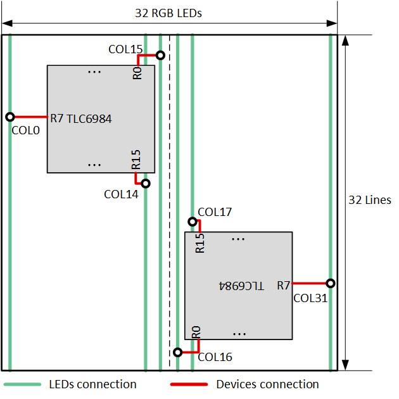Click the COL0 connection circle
(10, 117)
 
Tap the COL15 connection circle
(160, 55)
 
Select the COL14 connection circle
(145, 184)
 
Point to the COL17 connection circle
(192, 222)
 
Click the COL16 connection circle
(177, 351)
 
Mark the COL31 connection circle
(330, 283)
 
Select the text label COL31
(310, 297)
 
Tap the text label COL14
(121, 194)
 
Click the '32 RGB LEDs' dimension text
(168, 13)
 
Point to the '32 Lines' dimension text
(370, 200)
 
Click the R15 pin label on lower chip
(200, 243)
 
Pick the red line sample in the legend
(189, 384)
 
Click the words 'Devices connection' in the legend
(267, 384)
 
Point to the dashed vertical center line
(169, 203)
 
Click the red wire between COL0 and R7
(30, 117)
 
